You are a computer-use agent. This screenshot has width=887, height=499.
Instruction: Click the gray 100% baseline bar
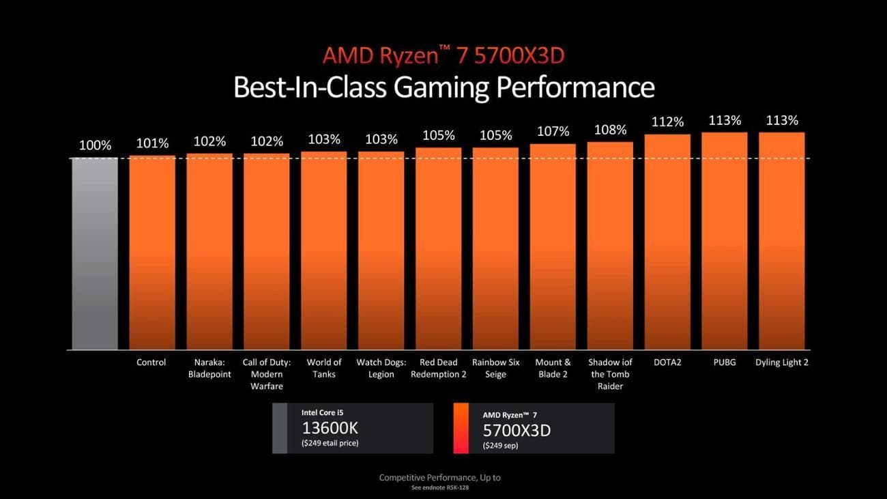[95, 253]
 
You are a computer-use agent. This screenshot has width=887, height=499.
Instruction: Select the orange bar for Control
[151, 252]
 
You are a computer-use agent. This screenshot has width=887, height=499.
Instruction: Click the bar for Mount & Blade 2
[553, 246]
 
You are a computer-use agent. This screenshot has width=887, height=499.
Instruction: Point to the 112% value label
[667, 122]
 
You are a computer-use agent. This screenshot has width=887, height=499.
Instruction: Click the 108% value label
[610, 130]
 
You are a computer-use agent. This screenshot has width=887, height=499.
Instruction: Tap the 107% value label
[553, 132]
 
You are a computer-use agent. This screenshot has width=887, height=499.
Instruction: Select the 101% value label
[151, 143]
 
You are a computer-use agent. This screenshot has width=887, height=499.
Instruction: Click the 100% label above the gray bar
[95, 145]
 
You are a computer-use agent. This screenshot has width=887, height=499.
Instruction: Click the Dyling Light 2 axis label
[782, 362]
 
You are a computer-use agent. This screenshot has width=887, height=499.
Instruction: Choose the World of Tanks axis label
[324, 368]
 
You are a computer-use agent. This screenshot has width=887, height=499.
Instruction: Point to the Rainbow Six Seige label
[495, 368]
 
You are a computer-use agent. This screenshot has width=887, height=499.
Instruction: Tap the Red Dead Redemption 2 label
[439, 368]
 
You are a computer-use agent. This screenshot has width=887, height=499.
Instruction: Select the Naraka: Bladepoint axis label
[209, 368]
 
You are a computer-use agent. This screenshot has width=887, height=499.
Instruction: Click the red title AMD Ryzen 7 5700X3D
[443, 55]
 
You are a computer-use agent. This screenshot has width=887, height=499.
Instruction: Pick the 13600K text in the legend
[330, 429]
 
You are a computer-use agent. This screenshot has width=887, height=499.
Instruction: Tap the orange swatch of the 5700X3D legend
[461, 428]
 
